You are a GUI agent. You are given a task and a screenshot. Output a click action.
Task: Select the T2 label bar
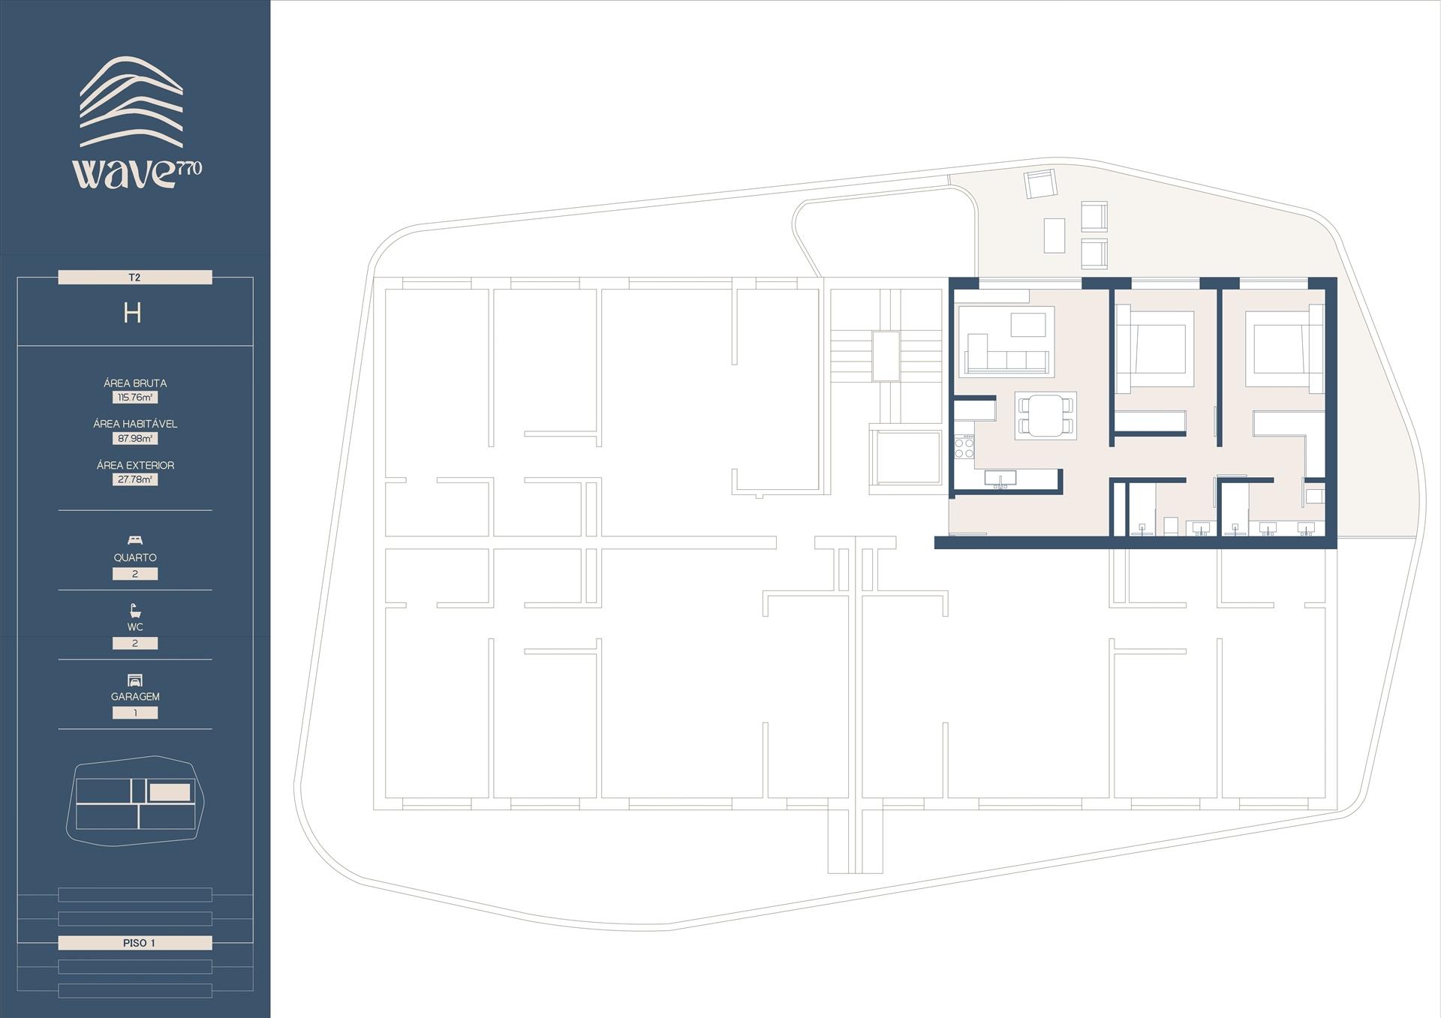click(x=135, y=278)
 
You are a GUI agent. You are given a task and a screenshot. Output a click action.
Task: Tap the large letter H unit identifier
click(x=133, y=313)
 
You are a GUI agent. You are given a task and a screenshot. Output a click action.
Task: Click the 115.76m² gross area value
click(x=135, y=398)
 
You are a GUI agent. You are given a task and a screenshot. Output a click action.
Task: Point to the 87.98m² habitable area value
click(x=135, y=438)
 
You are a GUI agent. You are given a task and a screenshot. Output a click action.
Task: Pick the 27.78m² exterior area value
click(x=135, y=479)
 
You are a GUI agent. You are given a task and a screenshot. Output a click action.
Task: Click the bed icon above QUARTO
click(x=135, y=540)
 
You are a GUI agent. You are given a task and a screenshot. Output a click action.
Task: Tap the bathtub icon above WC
click(x=135, y=610)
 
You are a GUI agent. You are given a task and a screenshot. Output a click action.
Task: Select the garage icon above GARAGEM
click(x=135, y=680)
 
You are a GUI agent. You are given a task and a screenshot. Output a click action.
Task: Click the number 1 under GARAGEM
click(x=135, y=713)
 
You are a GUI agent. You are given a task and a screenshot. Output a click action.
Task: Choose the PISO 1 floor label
click(x=135, y=943)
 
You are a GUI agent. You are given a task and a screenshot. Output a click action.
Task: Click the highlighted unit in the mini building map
click(x=170, y=792)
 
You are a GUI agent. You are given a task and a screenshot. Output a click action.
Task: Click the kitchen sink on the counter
click(x=1000, y=478)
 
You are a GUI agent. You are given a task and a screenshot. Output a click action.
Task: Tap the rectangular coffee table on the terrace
click(x=1054, y=236)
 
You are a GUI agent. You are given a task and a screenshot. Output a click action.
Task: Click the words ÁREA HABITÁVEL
click(x=135, y=424)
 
